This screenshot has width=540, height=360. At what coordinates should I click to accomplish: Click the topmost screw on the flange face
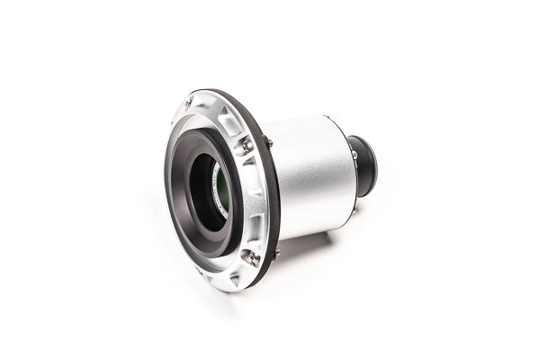tap(191, 102)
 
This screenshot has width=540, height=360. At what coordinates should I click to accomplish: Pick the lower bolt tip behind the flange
tap(276, 253)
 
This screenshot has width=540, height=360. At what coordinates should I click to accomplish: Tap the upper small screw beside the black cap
tap(354, 154)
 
